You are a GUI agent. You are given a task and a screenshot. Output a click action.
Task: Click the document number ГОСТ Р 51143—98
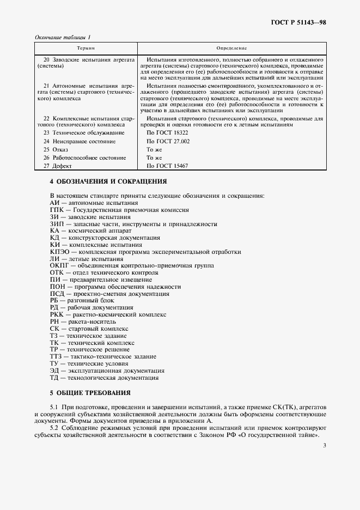coord(299,23)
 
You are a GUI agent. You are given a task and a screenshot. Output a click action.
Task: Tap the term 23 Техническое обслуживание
coord(84,132)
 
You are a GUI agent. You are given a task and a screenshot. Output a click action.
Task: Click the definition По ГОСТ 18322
coord(168,132)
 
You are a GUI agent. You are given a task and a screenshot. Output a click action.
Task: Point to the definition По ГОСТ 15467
coord(168,166)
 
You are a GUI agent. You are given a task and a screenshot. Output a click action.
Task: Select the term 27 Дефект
coord(58,166)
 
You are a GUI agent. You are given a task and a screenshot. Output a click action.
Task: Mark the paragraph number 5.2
coord(54,428)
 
